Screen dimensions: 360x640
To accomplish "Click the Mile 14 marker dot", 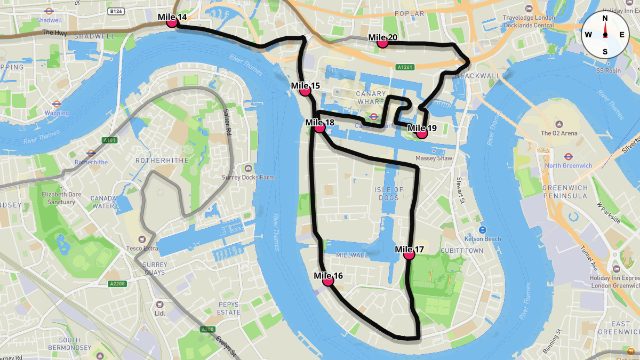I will pos(172,22).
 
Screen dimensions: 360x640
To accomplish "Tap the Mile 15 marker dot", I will pos(305,91).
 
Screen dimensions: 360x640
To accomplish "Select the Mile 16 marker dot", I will pos(328,281).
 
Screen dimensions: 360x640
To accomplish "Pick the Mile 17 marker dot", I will pos(409,255).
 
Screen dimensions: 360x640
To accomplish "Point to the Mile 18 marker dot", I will pos(319,128).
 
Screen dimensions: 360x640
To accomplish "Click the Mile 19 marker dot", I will pos(422,133).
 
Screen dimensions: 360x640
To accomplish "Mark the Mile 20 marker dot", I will pos(382,43).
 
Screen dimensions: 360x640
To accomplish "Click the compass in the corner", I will pos(605,35).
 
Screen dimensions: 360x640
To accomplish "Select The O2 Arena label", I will pos(559,133).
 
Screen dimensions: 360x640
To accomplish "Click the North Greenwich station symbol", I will pos(568,156).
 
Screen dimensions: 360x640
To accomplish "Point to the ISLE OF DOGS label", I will pos(389,194).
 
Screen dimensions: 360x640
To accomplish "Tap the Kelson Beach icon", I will pos(482,230).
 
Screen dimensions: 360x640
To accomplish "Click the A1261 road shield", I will pos(405,67).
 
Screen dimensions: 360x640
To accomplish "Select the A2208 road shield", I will pos(116,284).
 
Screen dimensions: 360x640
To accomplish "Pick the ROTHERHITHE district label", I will pos(159,160).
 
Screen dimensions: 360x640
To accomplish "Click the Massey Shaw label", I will pos(434,158).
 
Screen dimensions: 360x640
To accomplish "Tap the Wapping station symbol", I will pos(57,104).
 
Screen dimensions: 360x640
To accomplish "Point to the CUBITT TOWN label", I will pos(462,251).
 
